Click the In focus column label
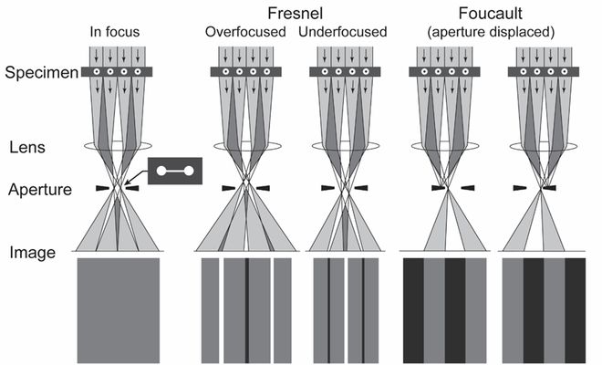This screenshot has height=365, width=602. click(x=116, y=33)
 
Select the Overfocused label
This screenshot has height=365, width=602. click(x=244, y=33)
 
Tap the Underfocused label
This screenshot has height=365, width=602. click(x=343, y=33)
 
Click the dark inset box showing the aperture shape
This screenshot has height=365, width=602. click(x=173, y=171)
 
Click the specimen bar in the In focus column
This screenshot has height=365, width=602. click(x=116, y=71)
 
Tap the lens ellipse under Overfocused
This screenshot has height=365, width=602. click(x=246, y=146)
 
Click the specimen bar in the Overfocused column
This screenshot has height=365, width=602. click(x=246, y=71)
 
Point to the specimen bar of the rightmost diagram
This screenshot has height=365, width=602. click(x=545, y=71)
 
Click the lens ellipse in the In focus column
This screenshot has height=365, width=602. click(x=116, y=146)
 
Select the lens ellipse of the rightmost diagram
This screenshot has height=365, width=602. click(x=545, y=146)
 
